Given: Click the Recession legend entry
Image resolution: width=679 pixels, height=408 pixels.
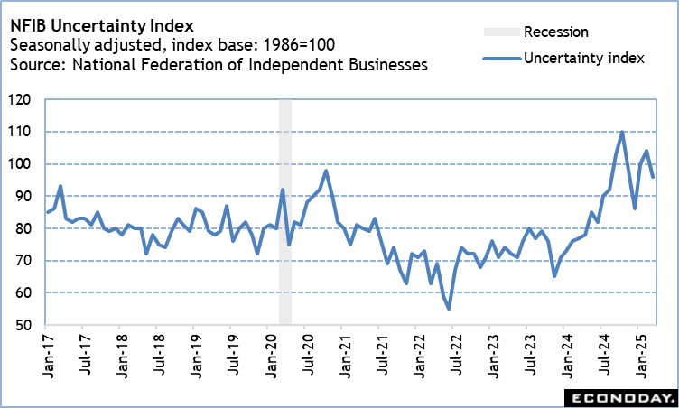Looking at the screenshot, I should (x=555, y=32).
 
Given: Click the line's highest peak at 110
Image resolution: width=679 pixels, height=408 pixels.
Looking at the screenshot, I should (x=623, y=132).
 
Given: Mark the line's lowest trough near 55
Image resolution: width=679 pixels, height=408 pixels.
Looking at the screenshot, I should (x=449, y=309).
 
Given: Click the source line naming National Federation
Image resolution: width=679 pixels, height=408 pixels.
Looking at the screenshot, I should (x=217, y=65).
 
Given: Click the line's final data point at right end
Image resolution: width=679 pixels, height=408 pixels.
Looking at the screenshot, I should (x=654, y=177).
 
